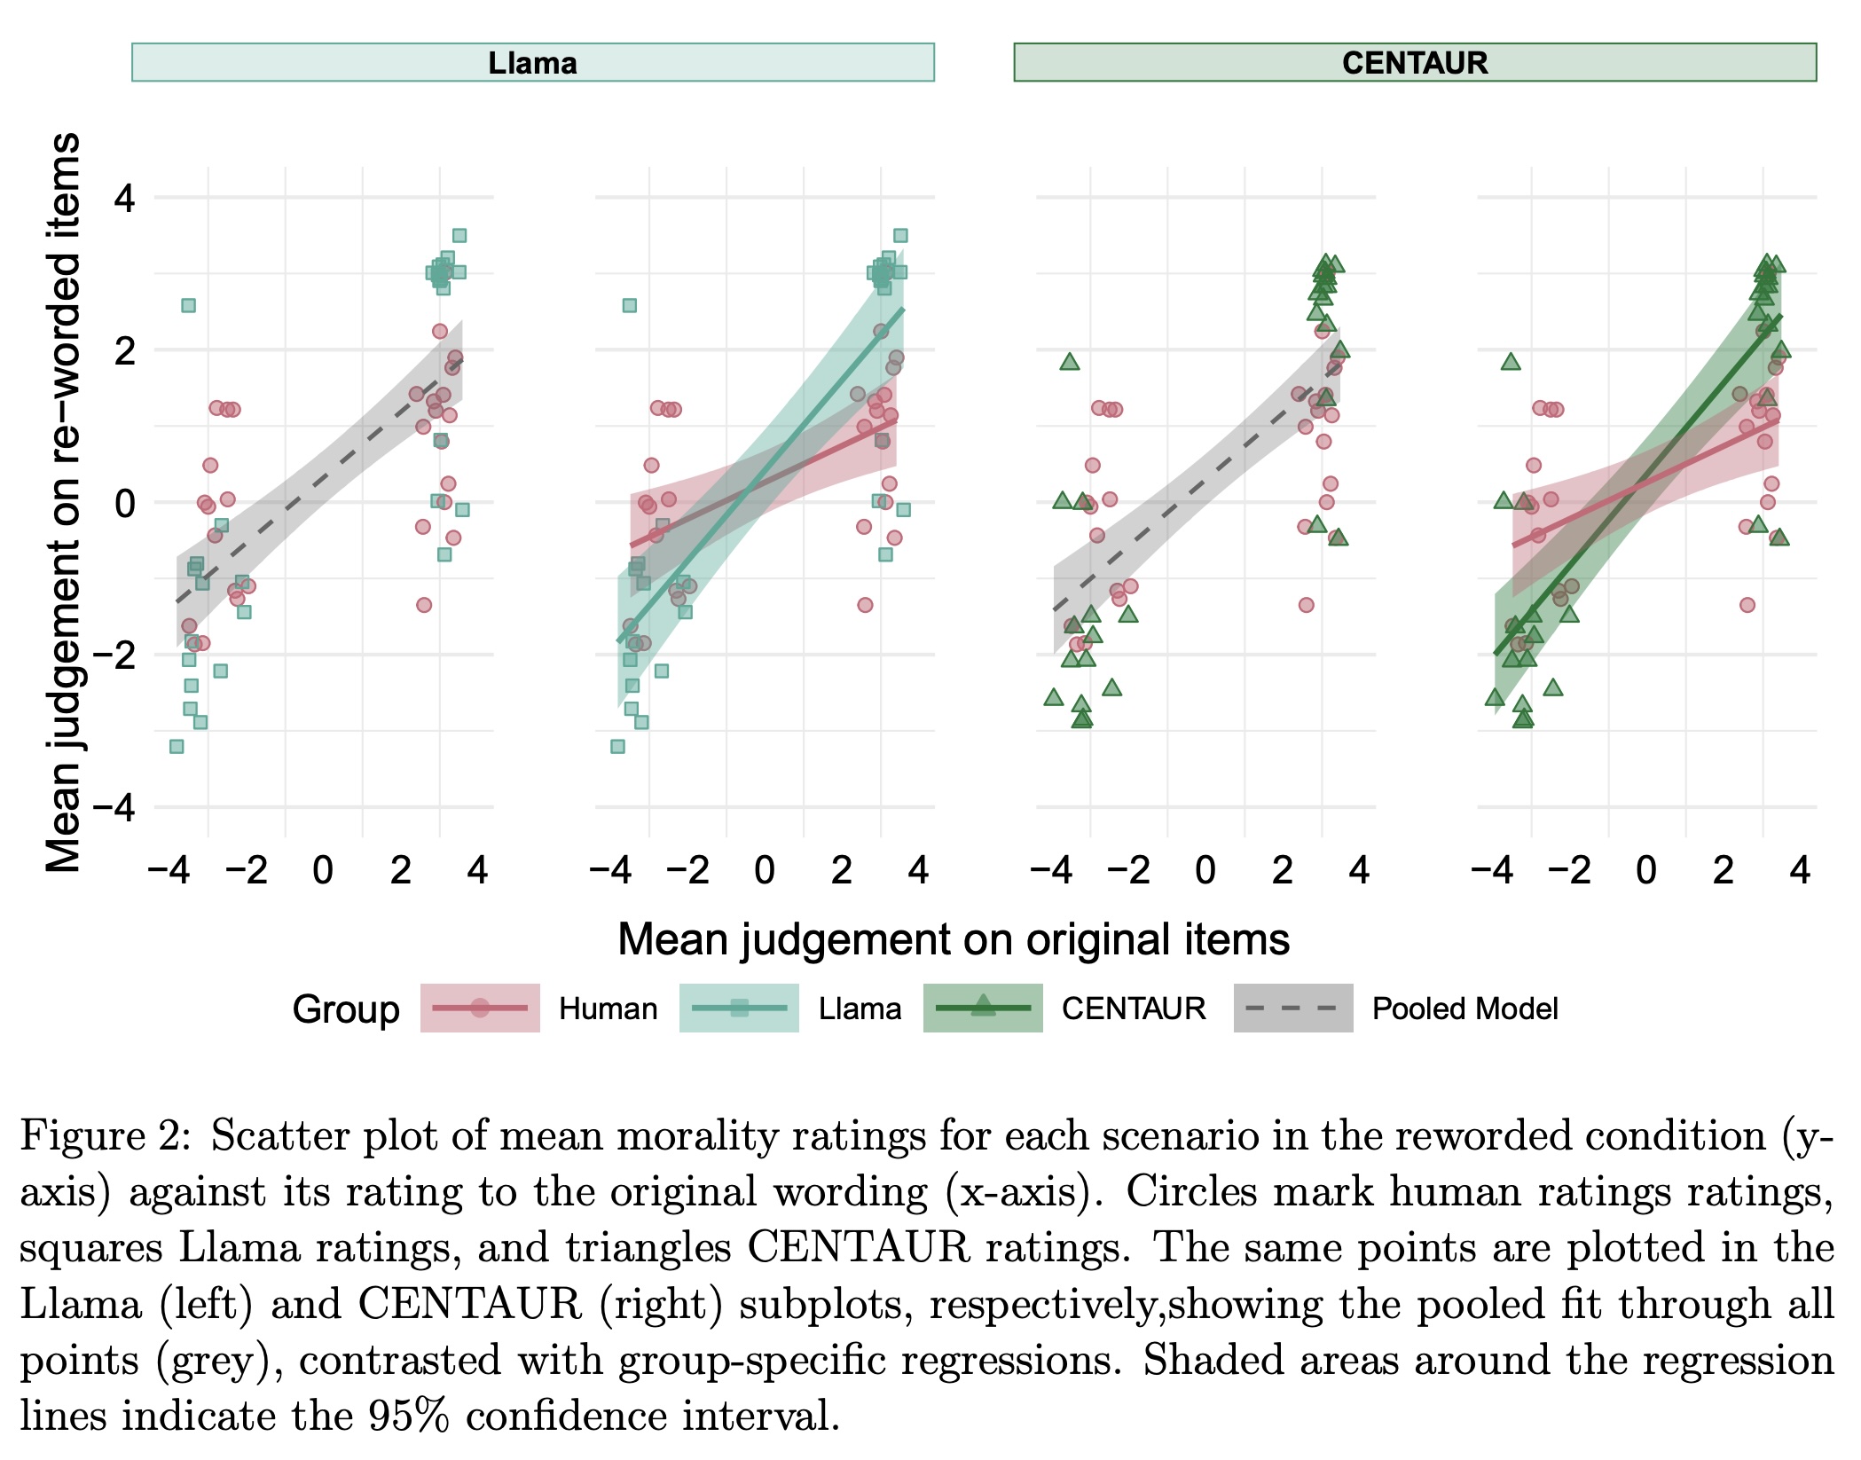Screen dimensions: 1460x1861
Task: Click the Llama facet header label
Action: [532, 63]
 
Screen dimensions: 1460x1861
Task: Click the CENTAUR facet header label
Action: [1414, 63]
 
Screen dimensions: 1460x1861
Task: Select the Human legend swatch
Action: [480, 1008]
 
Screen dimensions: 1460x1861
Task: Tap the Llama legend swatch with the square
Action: [739, 1008]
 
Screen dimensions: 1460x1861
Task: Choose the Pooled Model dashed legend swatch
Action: [1292, 1008]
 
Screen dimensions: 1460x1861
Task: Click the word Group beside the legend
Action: [346, 1009]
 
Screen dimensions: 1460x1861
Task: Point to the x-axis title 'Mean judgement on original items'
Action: [953, 939]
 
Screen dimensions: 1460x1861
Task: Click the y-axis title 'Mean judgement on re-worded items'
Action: [64, 502]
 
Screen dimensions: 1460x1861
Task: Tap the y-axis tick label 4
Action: [125, 198]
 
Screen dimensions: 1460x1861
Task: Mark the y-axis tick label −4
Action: [114, 808]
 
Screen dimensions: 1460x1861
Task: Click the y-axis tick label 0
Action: [125, 503]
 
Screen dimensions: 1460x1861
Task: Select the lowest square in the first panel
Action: [177, 747]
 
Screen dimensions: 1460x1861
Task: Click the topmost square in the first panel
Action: [459, 236]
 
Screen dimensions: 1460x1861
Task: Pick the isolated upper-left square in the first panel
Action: [188, 305]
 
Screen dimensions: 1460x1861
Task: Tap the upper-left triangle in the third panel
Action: [1069, 362]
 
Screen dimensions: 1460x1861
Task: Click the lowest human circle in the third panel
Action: [1306, 605]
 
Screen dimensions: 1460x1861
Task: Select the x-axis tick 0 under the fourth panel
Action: [1646, 870]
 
